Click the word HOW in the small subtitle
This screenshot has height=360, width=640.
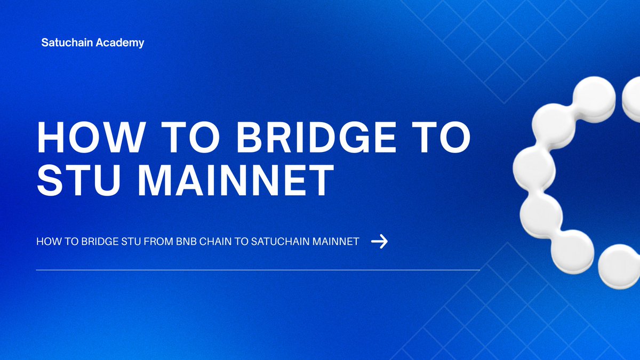(x=46, y=242)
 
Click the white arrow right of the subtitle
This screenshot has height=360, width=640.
(x=379, y=242)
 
